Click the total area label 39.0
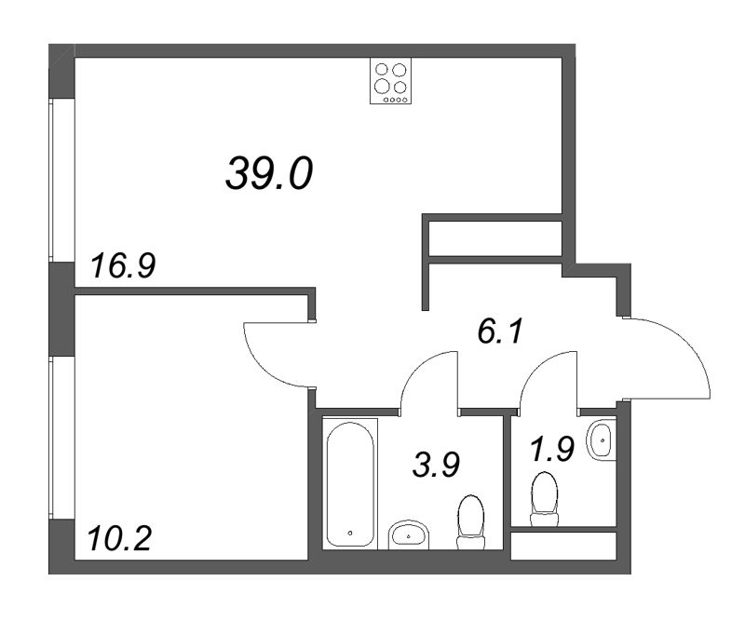click(x=269, y=174)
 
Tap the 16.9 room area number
click(x=123, y=266)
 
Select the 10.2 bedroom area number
click(x=120, y=539)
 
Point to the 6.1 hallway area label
click(x=500, y=331)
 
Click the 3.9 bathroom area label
click(x=436, y=465)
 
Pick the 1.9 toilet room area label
click(x=552, y=449)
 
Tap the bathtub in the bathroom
click(x=350, y=483)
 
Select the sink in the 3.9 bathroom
click(x=409, y=535)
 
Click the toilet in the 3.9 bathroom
click(x=470, y=521)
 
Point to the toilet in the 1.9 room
click(x=544, y=499)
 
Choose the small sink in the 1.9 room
click(x=602, y=440)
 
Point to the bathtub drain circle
click(x=350, y=533)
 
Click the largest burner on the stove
click(x=382, y=86)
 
